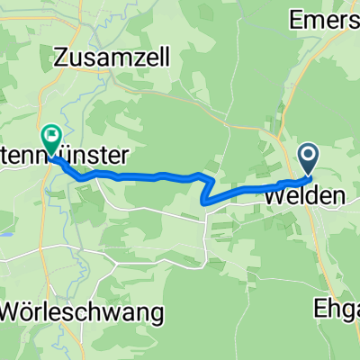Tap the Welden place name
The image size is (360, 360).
click(297, 194)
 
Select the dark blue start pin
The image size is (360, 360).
click(309, 160)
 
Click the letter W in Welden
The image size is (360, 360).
click(274, 194)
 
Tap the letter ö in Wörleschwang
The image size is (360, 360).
click(39, 313)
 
